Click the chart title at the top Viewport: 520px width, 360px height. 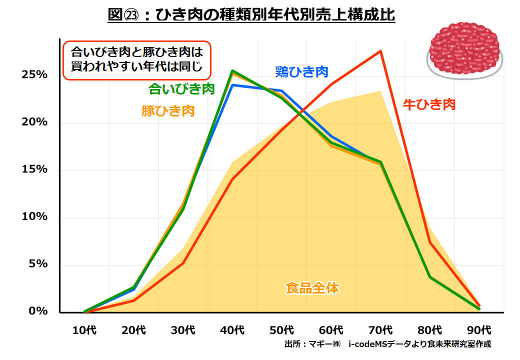pyautogui.click(x=251, y=14)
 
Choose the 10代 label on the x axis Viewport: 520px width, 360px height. pyautogui.click(x=84, y=330)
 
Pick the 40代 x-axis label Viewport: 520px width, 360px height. pyautogui.click(x=232, y=330)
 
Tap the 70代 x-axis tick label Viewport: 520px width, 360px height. pyautogui.click(x=380, y=330)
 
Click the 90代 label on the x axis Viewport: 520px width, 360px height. pyautogui.click(x=479, y=330)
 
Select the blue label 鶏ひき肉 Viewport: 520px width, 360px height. pyautogui.click(x=301, y=72)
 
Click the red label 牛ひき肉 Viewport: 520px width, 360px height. pyautogui.click(x=429, y=104)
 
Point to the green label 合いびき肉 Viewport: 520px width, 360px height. pyautogui.click(x=181, y=89)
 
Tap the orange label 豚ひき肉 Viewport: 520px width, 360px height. pyautogui.click(x=168, y=111)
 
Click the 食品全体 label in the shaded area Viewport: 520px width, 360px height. pyautogui.click(x=312, y=288)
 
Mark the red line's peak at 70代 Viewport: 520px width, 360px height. pyautogui.click(x=381, y=51)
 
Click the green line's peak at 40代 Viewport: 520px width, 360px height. pyautogui.click(x=232, y=71)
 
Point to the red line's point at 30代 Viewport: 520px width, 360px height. pyautogui.click(x=183, y=263)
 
